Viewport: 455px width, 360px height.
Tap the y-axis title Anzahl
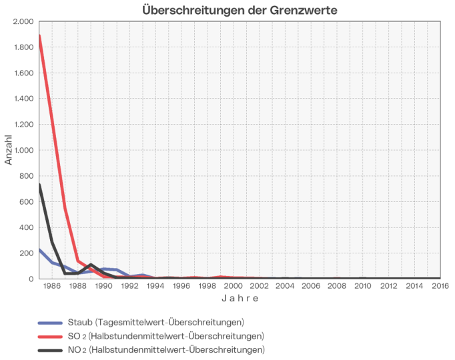point(9,150)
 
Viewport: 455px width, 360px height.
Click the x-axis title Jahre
point(240,299)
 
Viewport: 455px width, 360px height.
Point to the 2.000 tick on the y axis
point(23,21)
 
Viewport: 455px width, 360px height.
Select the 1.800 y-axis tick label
point(23,47)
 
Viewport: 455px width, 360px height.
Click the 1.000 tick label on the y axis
point(23,150)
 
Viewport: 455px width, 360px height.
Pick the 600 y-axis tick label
point(26,201)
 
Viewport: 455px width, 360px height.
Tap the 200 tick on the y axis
point(26,253)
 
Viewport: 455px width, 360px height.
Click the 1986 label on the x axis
point(52,286)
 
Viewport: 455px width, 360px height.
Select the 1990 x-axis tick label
point(103,286)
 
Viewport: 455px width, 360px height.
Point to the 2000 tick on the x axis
point(233,286)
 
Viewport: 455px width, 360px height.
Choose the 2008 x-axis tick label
point(336,286)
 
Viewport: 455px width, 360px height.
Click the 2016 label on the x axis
point(440,286)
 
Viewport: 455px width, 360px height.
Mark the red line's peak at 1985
point(39,35)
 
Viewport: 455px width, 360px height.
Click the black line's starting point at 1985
point(39,185)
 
